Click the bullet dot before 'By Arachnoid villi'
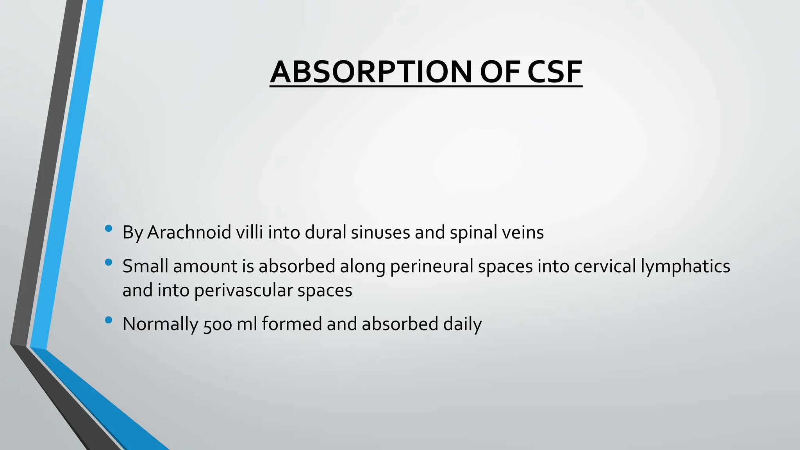[x=109, y=229]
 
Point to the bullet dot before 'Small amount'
[x=109, y=262]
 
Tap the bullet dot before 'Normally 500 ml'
[x=109, y=320]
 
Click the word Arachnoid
[x=189, y=232]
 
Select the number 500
[x=218, y=324]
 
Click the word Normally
[x=160, y=324]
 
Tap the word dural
[x=325, y=232]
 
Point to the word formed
[x=291, y=324]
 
